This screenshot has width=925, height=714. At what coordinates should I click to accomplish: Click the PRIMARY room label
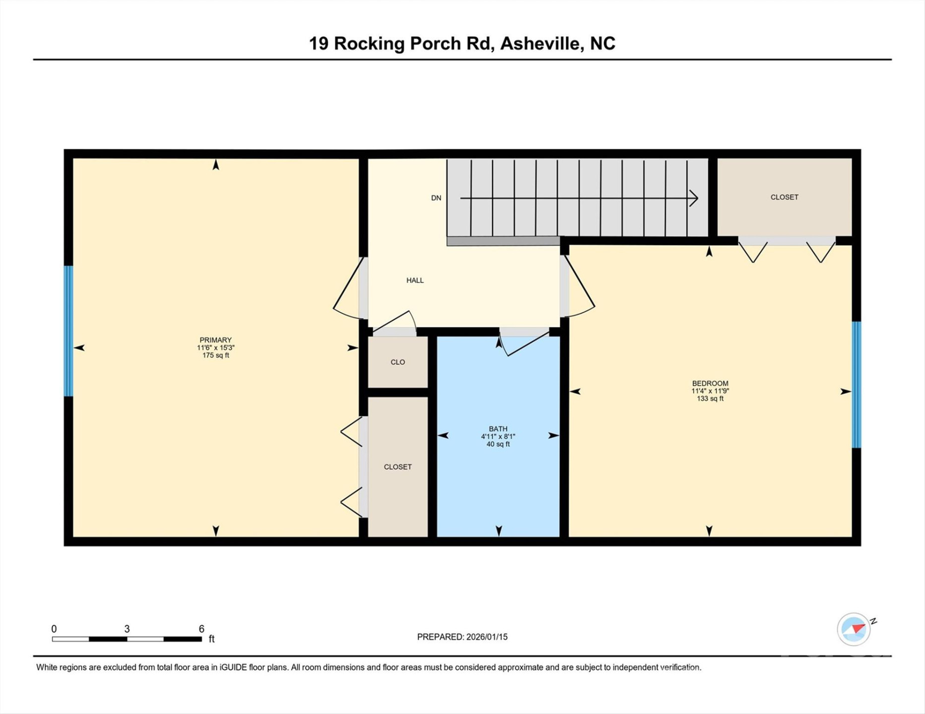point(215,340)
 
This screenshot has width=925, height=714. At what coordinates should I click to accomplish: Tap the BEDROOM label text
point(710,383)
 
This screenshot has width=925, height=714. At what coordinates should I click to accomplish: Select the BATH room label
point(498,429)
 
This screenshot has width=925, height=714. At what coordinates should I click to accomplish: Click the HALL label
point(415,280)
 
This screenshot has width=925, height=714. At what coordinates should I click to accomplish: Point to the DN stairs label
point(436,198)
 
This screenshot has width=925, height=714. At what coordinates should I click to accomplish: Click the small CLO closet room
point(397,362)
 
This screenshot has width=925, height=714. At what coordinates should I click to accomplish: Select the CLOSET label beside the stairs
point(784,197)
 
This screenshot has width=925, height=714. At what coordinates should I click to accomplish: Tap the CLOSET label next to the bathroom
point(397,467)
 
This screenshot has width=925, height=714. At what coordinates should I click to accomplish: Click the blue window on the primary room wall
point(68,331)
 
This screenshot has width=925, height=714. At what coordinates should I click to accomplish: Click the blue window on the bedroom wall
point(856,385)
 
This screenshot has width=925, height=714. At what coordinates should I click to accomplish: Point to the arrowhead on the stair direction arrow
point(695,198)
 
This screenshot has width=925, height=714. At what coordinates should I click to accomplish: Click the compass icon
point(854,629)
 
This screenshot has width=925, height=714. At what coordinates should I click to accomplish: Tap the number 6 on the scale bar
point(201,629)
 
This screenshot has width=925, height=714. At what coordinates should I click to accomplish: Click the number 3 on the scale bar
point(127,629)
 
